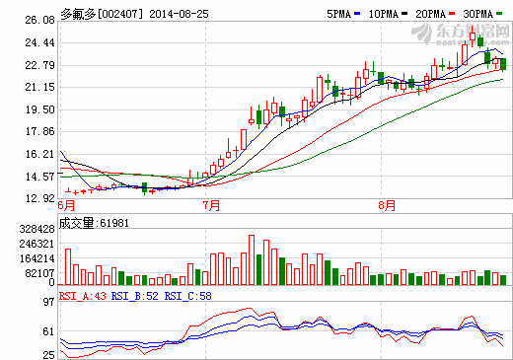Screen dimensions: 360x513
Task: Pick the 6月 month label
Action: point(67,206)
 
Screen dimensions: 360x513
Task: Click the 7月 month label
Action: point(210,206)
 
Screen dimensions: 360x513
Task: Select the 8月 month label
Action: point(387,206)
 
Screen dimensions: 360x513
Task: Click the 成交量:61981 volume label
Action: point(93,223)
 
